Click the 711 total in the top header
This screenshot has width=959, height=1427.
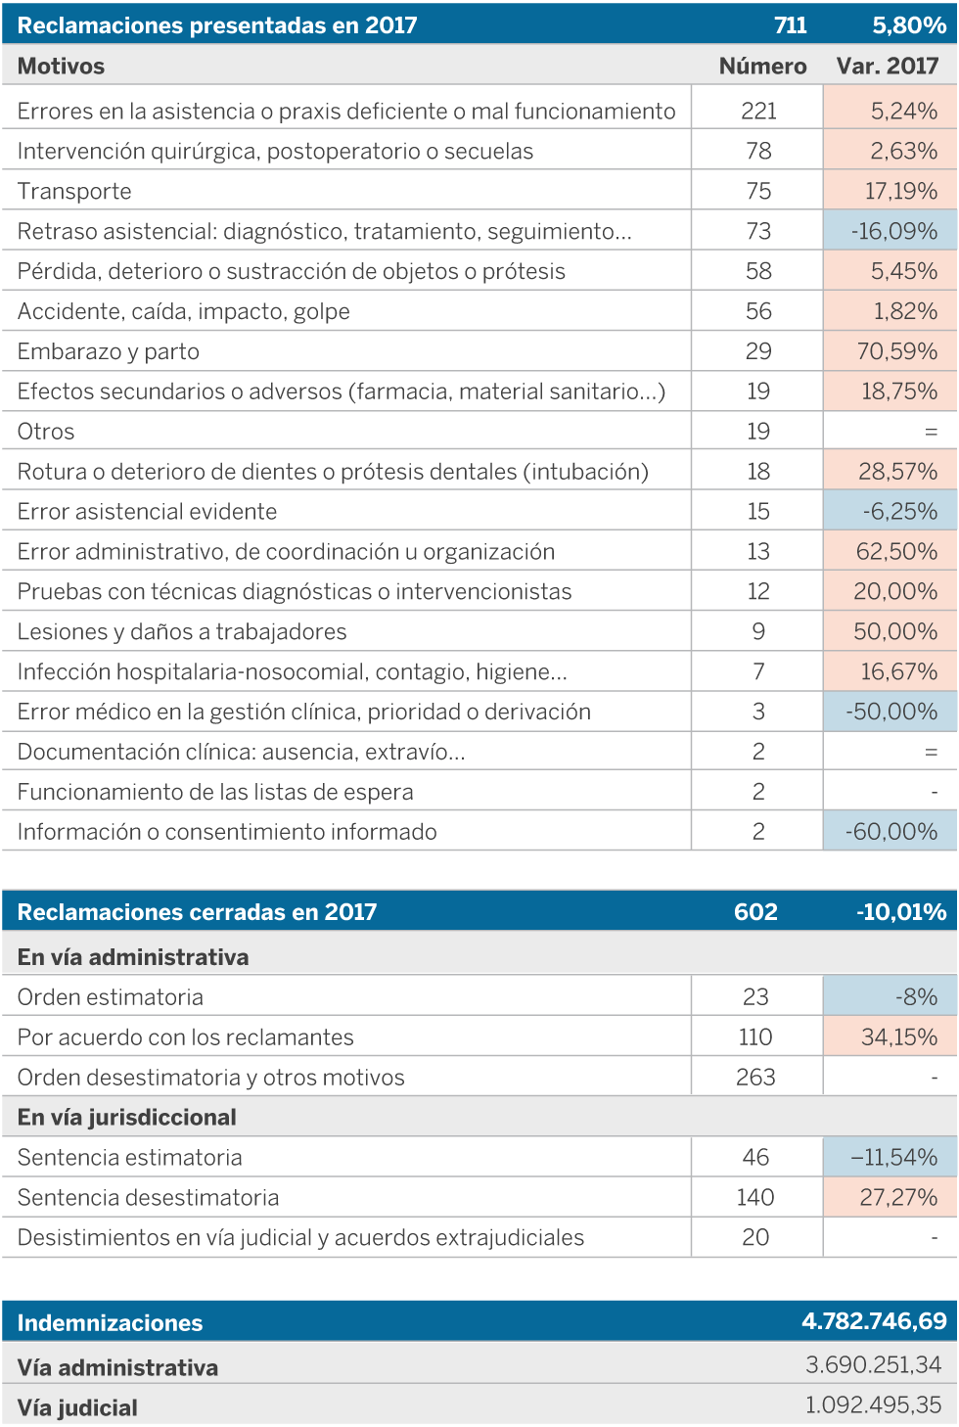[x=790, y=25]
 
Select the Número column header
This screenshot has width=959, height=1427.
[x=762, y=66]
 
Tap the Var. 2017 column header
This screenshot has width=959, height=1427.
[x=887, y=66]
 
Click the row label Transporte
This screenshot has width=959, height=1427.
[x=74, y=191]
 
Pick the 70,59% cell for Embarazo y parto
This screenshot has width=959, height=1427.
[x=896, y=351]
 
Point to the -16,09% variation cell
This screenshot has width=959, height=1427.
[x=893, y=231]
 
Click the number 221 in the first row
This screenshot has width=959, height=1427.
[x=758, y=111]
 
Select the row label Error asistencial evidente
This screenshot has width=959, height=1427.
[x=147, y=511]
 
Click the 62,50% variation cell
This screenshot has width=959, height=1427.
[x=896, y=551]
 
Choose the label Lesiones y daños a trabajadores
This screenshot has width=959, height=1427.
[x=182, y=631]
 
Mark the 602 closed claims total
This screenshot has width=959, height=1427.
[x=755, y=912]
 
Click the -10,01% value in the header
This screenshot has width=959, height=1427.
[x=900, y=912]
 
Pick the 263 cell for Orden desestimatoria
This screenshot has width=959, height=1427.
[x=755, y=1078]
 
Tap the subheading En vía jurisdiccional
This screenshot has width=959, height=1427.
[x=127, y=1118]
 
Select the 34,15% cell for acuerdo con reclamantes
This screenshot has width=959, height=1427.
[x=898, y=1037]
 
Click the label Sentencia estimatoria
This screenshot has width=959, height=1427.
[x=129, y=1158]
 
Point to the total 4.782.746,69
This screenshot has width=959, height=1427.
[x=874, y=1321]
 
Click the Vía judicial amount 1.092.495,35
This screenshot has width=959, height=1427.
[x=873, y=1405]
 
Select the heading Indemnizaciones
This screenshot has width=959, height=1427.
[x=110, y=1323]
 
